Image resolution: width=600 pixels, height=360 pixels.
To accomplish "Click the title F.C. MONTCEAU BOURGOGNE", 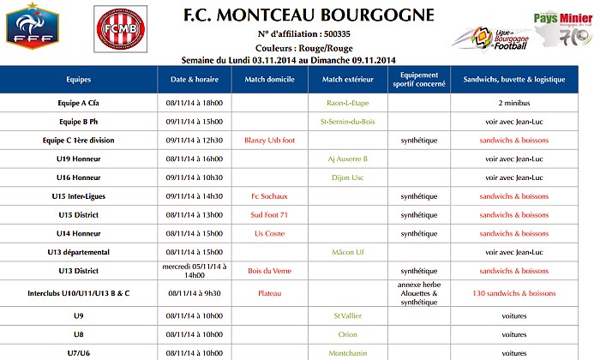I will (x=309, y=15).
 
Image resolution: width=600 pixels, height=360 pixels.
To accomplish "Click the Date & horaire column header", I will (x=195, y=79).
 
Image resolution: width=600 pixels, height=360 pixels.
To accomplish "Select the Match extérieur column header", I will (x=347, y=79).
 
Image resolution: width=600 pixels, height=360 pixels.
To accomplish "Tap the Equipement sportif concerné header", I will (x=418, y=79).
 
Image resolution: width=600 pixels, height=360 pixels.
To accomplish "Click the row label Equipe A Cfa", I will (x=79, y=103).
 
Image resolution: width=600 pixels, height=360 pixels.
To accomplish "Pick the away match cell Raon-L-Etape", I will (x=347, y=103).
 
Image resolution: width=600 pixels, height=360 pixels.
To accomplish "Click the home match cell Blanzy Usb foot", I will (x=269, y=140).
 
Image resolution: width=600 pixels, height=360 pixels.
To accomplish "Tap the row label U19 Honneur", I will (x=79, y=159).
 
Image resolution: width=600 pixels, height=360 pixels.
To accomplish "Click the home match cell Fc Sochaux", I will (x=269, y=196).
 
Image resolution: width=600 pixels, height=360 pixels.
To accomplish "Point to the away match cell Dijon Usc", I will (x=347, y=177).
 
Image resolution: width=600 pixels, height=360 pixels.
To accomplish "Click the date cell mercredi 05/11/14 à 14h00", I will (x=195, y=271).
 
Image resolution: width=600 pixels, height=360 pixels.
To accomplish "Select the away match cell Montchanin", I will (x=347, y=352).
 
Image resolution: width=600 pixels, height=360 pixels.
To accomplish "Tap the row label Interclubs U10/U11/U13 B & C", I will (x=79, y=293).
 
